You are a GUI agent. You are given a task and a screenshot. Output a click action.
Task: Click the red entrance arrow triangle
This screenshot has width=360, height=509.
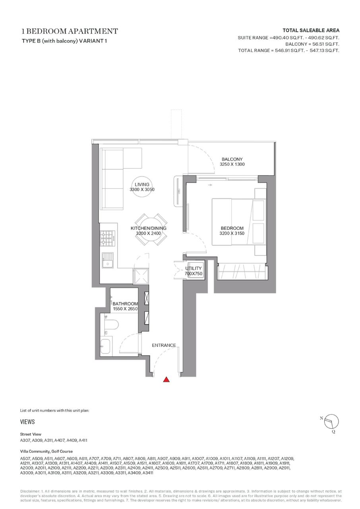(x=166, y=379)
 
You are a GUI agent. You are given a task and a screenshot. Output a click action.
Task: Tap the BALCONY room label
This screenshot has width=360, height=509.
(x=232, y=159)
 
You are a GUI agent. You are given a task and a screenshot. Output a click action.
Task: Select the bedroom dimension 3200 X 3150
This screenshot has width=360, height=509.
(x=232, y=233)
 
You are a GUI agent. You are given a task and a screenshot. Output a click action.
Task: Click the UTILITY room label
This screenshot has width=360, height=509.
(x=194, y=268)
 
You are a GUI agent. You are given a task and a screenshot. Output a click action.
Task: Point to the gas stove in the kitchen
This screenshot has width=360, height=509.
(x=107, y=238)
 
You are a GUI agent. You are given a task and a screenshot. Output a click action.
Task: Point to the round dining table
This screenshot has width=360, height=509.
(x=151, y=229)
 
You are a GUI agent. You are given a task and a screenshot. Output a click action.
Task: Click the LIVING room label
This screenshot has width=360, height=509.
(x=142, y=185)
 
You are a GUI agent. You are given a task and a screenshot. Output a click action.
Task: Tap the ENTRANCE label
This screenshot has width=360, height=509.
(x=164, y=345)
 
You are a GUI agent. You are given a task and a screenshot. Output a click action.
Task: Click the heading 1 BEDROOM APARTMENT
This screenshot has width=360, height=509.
(x=70, y=31)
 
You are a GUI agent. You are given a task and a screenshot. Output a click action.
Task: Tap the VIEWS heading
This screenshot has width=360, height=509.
(x=27, y=422)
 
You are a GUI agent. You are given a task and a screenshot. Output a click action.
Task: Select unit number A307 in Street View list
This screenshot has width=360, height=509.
(x=25, y=440)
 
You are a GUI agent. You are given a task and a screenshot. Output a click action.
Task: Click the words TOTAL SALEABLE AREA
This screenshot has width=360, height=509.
(x=311, y=31)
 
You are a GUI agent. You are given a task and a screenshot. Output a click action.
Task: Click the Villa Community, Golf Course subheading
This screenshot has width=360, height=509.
(x=46, y=451)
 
